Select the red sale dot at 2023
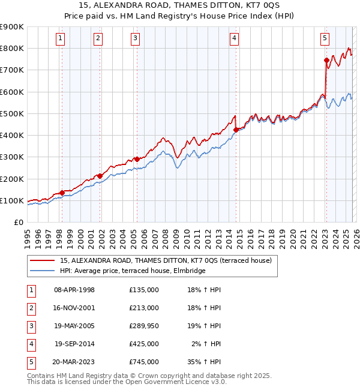326,60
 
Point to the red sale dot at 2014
236,129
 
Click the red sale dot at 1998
62,193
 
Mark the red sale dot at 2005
137,159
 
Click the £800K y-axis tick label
11,48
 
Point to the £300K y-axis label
11,157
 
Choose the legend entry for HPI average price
133,271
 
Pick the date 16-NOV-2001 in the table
74,308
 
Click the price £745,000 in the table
143,362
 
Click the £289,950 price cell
143,326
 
